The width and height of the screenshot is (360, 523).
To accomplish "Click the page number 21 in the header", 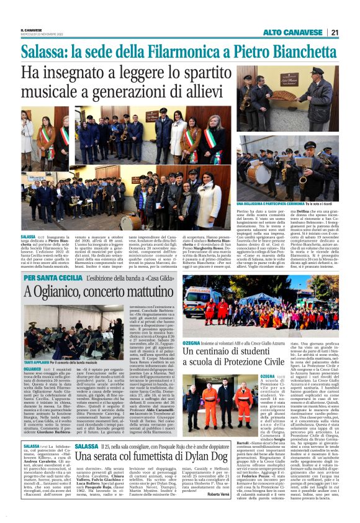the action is click(x=333, y=32).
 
